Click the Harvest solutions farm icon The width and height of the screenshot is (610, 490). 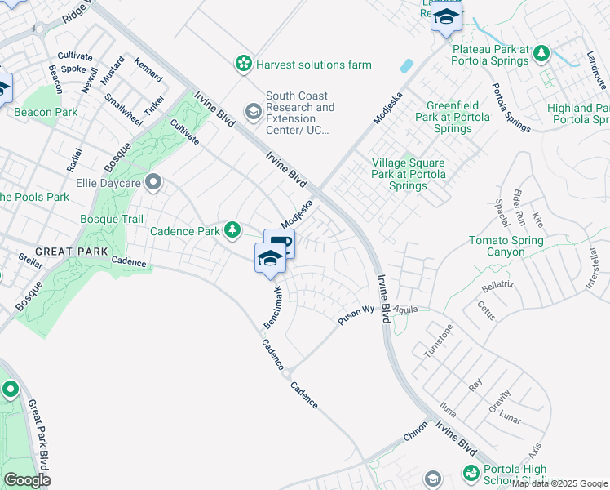pyautogui.click(x=242, y=64)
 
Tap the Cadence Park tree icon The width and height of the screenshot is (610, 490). pyautogui.click(x=233, y=231)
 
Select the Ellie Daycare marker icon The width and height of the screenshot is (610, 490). pyautogui.click(x=152, y=181)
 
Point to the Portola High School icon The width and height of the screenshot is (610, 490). pyautogui.click(x=470, y=473)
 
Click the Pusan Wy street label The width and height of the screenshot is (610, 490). pyautogui.click(x=356, y=315)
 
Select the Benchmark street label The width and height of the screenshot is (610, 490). pyautogui.click(x=272, y=308)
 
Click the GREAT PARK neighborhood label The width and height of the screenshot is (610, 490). pyautogui.click(x=66, y=252)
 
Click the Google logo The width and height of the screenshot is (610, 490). pyautogui.click(x=27, y=479)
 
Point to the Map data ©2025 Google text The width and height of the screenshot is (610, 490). pyautogui.click(x=559, y=483)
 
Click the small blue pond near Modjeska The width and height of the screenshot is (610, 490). pyautogui.click(x=405, y=65)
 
